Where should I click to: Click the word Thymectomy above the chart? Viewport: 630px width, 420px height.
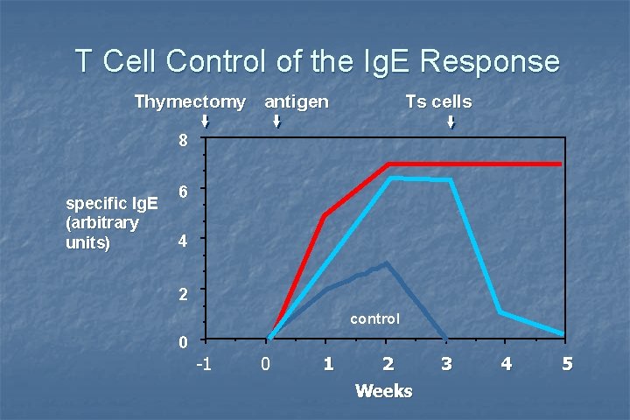(x=190, y=101)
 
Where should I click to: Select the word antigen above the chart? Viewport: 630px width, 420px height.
(x=297, y=101)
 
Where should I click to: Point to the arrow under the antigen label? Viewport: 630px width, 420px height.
(x=276, y=122)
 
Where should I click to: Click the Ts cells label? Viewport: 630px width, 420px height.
(x=438, y=101)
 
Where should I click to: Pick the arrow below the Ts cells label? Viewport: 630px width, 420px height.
(x=451, y=122)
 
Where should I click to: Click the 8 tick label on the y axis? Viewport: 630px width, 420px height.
(x=182, y=140)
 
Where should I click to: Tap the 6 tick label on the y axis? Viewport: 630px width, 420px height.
(x=182, y=190)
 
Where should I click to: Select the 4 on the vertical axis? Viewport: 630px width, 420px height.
(x=182, y=240)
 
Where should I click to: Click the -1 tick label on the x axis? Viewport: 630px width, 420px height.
(x=203, y=363)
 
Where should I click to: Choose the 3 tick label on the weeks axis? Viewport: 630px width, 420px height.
(x=446, y=363)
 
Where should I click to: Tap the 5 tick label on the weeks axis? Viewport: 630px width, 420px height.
(x=567, y=363)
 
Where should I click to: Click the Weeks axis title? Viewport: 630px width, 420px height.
(x=383, y=390)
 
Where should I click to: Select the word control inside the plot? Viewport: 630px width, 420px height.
(x=374, y=319)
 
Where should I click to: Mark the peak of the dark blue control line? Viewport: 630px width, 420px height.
(x=386, y=262)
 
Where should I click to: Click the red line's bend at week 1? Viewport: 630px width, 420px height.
(x=325, y=215)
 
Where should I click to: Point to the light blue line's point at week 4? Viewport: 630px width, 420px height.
(x=500, y=311)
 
